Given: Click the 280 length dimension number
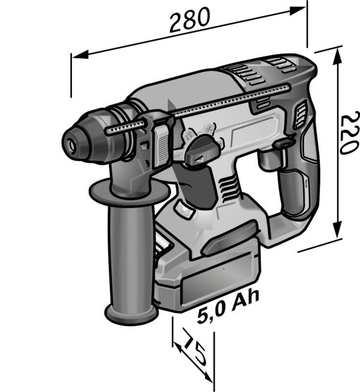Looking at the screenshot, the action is coord(190,20).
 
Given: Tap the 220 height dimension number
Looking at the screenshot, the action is coord(348,134).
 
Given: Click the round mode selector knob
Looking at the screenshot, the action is coord(202,150).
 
